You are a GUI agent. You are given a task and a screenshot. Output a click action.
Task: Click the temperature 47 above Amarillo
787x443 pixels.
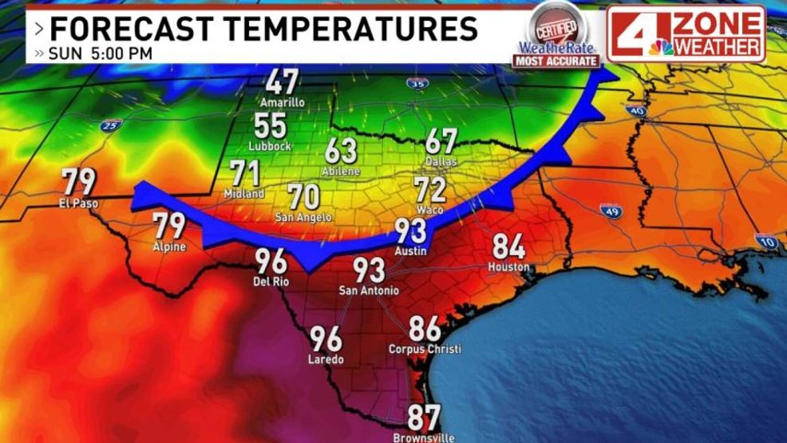pyautogui.click(x=282, y=81)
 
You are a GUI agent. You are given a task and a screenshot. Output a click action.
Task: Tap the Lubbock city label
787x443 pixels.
pyautogui.click(x=270, y=146)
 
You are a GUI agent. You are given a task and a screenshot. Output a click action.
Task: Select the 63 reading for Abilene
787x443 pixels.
pyautogui.click(x=341, y=151)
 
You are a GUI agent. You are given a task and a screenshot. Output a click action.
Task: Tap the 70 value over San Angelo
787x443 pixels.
pyautogui.click(x=303, y=196)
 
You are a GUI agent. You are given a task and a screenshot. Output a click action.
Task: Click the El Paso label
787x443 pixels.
pyautogui.click(x=79, y=203)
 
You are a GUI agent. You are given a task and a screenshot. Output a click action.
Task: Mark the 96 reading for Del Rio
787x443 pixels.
pyautogui.click(x=271, y=261)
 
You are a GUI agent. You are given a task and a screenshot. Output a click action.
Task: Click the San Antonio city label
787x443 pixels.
pyautogui.click(x=369, y=290)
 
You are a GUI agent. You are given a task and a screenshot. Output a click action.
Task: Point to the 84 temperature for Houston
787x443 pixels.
pyautogui.click(x=508, y=247)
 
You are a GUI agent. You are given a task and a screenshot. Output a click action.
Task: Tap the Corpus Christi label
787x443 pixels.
pyautogui.click(x=425, y=350)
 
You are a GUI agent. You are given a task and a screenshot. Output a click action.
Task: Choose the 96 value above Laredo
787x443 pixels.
pyautogui.click(x=326, y=339)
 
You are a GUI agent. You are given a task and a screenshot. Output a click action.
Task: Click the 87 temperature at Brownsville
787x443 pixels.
pyautogui.click(x=424, y=417)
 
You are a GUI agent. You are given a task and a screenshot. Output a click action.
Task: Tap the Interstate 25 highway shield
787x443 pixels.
pyautogui.click(x=111, y=125)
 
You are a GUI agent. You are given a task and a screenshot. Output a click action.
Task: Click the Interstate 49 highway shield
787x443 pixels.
pyautogui.click(x=611, y=212)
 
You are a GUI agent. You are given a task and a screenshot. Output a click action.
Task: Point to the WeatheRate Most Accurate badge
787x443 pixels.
pyautogui.click(x=556, y=35)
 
